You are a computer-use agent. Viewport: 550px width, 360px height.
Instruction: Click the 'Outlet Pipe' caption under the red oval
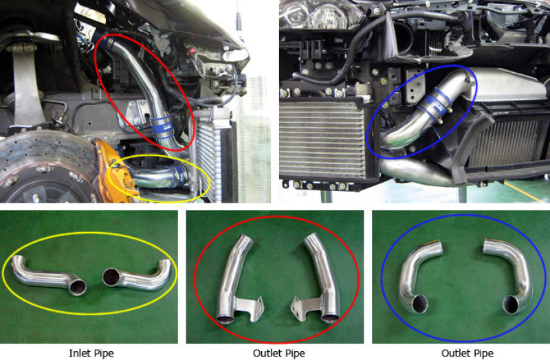pyautogui.click(x=277, y=353)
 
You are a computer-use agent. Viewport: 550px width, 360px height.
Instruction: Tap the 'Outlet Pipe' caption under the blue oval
pyautogui.click(x=461, y=353)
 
